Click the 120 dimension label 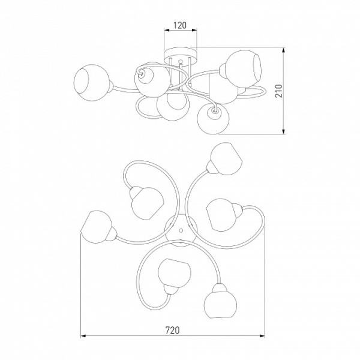tap(180, 25)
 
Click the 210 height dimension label tap(279, 91)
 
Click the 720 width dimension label tap(172, 330)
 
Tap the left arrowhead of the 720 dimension tap(83, 336)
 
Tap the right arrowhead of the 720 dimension tap(262, 336)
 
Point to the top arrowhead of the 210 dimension tap(284, 50)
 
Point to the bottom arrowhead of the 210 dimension tap(284, 131)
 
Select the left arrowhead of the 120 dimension tap(167, 30)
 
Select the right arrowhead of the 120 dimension tap(194, 30)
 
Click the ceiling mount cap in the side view tap(181, 55)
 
